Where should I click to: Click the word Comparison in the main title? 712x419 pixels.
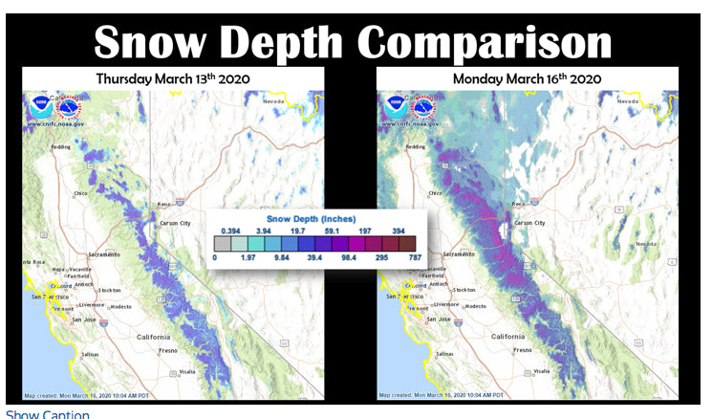[486, 42]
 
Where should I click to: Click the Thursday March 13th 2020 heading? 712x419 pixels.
[170, 78]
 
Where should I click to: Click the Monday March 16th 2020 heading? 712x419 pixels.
[527, 78]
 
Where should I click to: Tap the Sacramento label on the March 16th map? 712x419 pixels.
[457, 254]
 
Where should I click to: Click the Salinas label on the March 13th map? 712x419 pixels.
[87, 354]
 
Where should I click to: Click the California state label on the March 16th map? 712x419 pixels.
[507, 337]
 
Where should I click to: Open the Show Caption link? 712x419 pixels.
[48, 413]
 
